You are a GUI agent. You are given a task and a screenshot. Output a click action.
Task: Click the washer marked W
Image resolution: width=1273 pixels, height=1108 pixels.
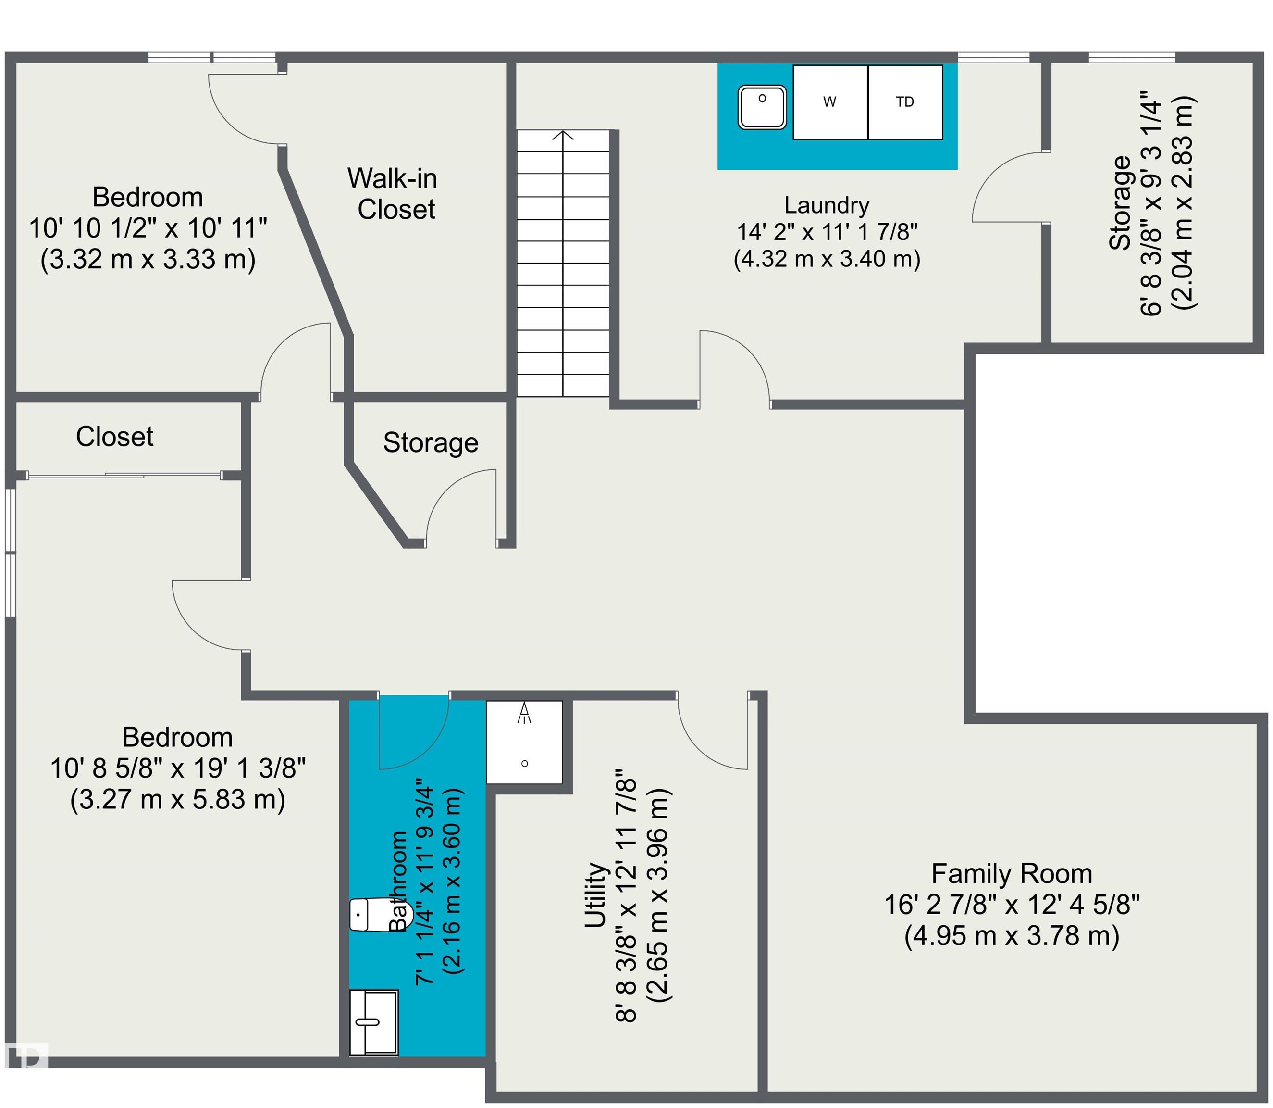pyautogui.click(x=830, y=102)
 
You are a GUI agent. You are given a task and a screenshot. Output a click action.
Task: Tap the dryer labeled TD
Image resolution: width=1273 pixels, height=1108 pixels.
pyautogui.click(x=905, y=102)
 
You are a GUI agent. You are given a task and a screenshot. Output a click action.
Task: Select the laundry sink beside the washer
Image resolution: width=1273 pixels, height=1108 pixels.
pyautogui.click(x=762, y=107)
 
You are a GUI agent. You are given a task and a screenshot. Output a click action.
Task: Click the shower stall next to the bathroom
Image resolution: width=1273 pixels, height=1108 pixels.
pyautogui.click(x=525, y=742)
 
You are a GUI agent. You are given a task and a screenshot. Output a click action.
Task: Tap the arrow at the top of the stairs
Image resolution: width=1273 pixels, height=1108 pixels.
pyautogui.click(x=563, y=134)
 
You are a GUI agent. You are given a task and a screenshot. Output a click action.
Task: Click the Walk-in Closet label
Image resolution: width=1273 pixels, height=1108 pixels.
pyautogui.click(x=393, y=193)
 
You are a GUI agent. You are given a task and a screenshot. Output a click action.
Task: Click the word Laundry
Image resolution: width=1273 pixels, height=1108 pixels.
pyautogui.click(x=827, y=205)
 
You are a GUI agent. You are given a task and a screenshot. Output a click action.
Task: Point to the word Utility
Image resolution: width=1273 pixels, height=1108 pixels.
pyautogui.click(x=596, y=895)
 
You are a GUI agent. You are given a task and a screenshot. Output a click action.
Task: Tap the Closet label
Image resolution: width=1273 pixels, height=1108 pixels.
pyautogui.click(x=114, y=437)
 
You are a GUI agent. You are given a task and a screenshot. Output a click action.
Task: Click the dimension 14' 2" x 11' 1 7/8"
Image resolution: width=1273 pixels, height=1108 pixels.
pyautogui.click(x=827, y=232)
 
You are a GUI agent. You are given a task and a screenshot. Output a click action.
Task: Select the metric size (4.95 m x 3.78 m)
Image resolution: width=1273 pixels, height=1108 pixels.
pyautogui.click(x=1012, y=935)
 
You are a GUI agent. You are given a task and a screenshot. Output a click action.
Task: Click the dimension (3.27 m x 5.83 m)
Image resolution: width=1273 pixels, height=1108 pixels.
pyautogui.click(x=177, y=799)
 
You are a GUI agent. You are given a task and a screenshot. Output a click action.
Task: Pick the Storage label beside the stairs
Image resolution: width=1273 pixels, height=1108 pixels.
pyautogui.click(x=431, y=443)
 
